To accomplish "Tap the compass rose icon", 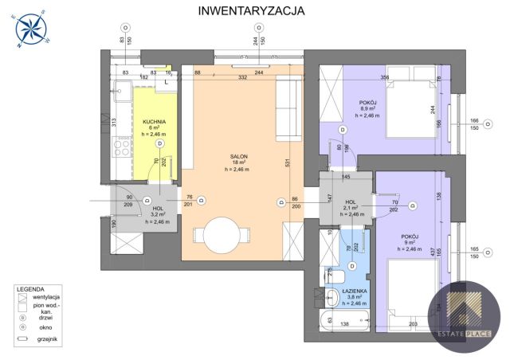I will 30,29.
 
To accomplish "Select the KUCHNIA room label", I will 154,123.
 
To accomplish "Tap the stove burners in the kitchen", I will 124,147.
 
